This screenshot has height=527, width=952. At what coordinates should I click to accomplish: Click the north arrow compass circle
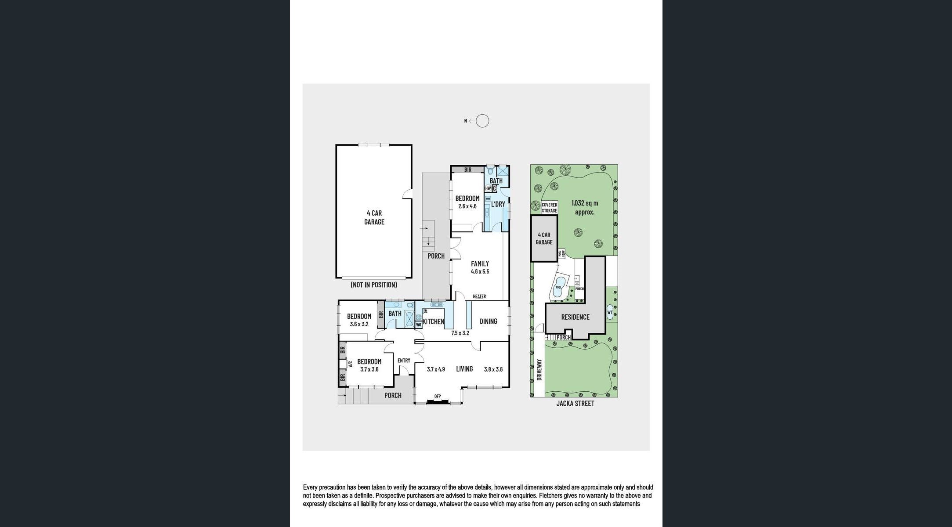click(482, 121)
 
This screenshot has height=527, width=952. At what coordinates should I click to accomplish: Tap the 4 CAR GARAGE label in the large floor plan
click(374, 217)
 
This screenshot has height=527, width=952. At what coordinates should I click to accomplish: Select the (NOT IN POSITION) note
click(374, 285)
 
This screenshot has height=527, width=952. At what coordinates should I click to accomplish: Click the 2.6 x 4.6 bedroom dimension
click(467, 206)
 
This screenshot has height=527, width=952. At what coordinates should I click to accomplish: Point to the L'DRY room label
click(498, 204)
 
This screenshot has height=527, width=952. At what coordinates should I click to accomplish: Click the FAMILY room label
click(480, 263)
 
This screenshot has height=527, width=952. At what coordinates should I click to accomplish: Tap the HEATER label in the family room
click(479, 296)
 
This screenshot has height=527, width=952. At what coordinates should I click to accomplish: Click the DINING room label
click(488, 321)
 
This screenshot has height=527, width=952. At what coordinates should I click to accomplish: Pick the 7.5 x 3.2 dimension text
click(460, 333)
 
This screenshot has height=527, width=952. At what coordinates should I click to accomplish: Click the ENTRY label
click(404, 361)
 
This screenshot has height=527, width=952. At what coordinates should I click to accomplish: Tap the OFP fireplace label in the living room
click(438, 396)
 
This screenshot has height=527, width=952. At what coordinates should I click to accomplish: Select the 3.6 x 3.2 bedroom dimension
click(359, 324)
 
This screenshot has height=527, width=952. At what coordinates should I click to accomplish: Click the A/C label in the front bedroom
click(350, 364)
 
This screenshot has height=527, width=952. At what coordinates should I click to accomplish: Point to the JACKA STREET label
click(575, 403)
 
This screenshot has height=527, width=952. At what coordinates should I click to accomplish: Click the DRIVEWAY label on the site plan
click(539, 370)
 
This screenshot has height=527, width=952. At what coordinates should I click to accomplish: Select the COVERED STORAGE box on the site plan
click(549, 208)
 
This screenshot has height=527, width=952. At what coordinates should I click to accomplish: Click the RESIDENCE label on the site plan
click(575, 317)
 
